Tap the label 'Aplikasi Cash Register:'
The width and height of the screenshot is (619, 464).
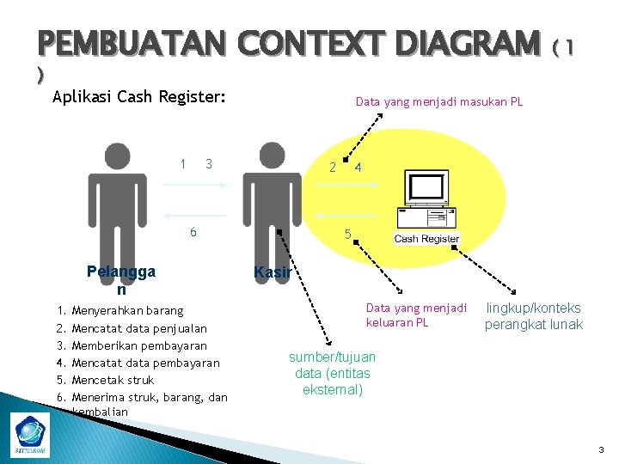[138, 97]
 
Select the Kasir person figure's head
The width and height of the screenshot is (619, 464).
[272, 157]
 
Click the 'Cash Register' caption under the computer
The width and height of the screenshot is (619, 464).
[427, 239]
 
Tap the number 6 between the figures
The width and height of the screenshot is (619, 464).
[193, 232]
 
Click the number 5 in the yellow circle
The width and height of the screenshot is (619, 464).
[347, 234]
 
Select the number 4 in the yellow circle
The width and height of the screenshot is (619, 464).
[358, 168]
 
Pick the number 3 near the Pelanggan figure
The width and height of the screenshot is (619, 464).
[209, 164]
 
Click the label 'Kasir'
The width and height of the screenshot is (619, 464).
[273, 272]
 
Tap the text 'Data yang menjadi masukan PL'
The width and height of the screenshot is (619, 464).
[439, 102]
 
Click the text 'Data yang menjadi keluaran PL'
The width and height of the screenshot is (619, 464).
[416, 314]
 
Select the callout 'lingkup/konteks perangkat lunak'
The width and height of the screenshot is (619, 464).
[533, 316]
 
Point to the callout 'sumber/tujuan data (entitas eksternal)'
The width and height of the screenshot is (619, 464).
[332, 373]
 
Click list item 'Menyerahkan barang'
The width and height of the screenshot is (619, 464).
[127, 309]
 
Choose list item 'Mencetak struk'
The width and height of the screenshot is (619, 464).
[113, 379]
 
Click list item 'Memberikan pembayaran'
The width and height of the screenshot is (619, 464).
[139, 345]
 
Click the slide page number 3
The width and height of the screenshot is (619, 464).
[602, 449]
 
